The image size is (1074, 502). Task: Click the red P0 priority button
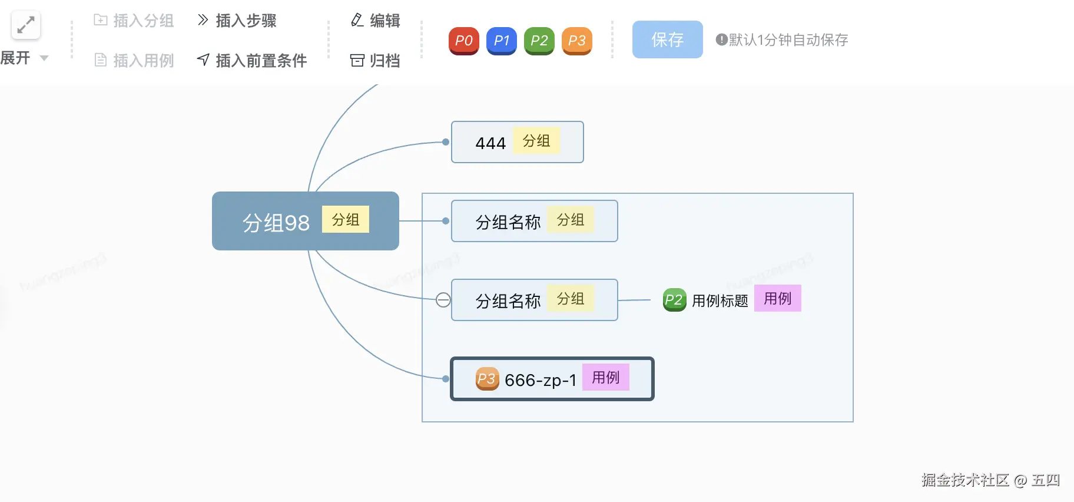click(463, 41)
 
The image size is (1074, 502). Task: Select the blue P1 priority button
click(501, 41)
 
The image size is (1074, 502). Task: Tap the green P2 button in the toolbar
click(539, 41)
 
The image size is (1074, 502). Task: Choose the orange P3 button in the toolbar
click(576, 41)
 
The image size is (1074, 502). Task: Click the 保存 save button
click(667, 39)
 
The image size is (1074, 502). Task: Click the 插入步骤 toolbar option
click(237, 21)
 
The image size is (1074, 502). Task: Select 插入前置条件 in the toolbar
click(252, 60)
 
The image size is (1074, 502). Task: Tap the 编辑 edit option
click(375, 21)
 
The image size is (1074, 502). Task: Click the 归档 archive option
click(375, 60)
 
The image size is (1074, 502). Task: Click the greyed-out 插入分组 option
click(134, 21)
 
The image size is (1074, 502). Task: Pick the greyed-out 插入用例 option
click(134, 60)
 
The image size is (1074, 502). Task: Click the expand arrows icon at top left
click(25, 25)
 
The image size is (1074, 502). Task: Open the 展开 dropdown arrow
click(44, 58)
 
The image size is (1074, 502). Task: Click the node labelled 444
click(490, 143)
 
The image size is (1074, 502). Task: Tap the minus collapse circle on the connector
click(443, 300)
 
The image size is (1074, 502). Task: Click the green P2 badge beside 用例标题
click(674, 300)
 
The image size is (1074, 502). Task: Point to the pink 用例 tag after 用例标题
click(777, 299)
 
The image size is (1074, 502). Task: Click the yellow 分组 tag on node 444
click(536, 141)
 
